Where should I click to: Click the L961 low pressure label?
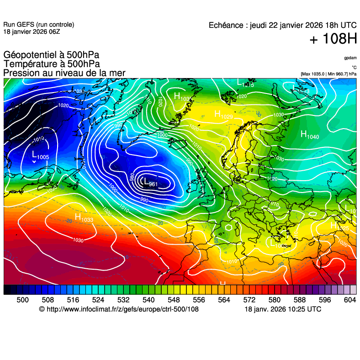coord(149,183)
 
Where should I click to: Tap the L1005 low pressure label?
coord(40,156)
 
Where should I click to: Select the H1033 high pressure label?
coord(84,219)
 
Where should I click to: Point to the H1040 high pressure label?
coord(310,135)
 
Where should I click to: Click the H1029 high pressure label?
coord(223,115)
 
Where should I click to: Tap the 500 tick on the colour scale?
coord(22,300)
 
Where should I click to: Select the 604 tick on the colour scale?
coord(350,300)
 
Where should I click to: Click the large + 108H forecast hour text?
coord(333,40)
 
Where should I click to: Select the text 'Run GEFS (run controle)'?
coord(38,25)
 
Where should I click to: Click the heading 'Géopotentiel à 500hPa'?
coord(51,56)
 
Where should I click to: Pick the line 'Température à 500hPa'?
coord(52,64)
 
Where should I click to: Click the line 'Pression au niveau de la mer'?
coord(64,73)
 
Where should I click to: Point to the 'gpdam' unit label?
coord(350,58)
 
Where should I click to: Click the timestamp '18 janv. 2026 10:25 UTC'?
coord(283,309)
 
